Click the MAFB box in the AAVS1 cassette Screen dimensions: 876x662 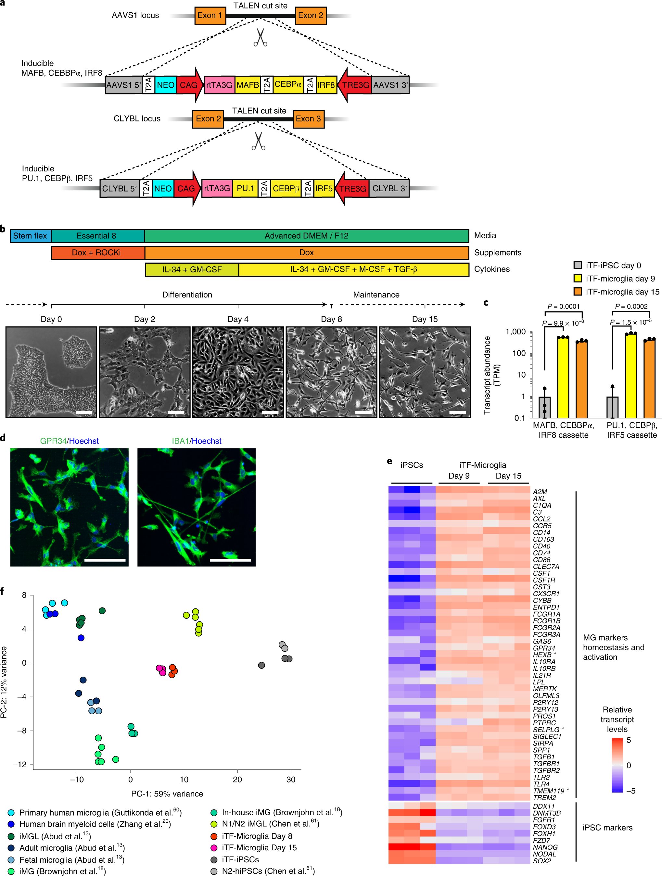[248, 85]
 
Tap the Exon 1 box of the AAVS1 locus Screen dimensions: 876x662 [210, 16]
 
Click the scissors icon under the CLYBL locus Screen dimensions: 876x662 [259, 141]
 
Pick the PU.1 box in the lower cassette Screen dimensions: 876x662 [245, 189]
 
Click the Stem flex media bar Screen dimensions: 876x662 [30, 236]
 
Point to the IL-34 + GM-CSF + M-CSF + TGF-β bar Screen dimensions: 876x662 [353, 269]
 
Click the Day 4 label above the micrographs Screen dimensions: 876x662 [238, 319]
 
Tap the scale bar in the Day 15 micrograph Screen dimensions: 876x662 [458, 413]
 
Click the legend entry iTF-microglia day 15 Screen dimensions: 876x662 [622, 292]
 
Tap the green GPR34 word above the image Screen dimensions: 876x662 [53, 441]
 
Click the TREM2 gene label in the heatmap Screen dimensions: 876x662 [544, 797]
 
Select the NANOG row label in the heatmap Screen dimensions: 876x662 [545, 847]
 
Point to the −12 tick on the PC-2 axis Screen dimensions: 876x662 [19, 764]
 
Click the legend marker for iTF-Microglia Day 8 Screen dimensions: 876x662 [214, 836]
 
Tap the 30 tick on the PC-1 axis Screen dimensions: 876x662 [291, 779]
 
